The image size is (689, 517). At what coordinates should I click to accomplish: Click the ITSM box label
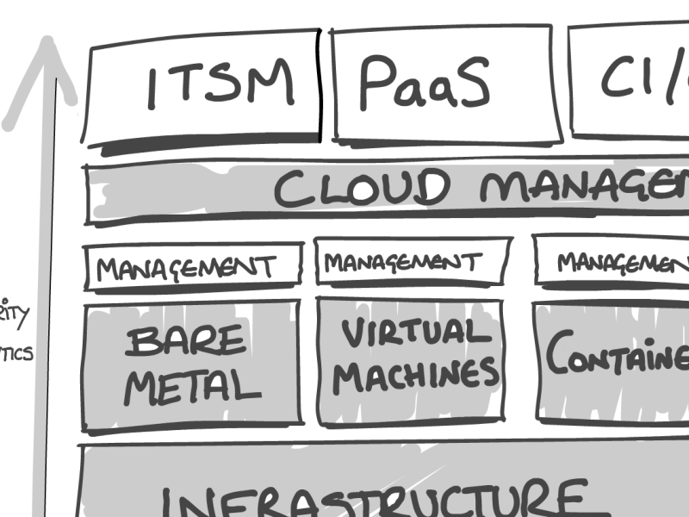220,84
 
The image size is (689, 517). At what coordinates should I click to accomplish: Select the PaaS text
423,83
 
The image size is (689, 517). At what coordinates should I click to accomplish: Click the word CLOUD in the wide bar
362,189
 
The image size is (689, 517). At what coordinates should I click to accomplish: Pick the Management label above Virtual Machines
404,262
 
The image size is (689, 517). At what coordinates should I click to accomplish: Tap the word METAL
191,388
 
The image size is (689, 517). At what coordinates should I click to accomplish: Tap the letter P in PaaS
377,83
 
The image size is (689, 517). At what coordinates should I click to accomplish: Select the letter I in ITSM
153,87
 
